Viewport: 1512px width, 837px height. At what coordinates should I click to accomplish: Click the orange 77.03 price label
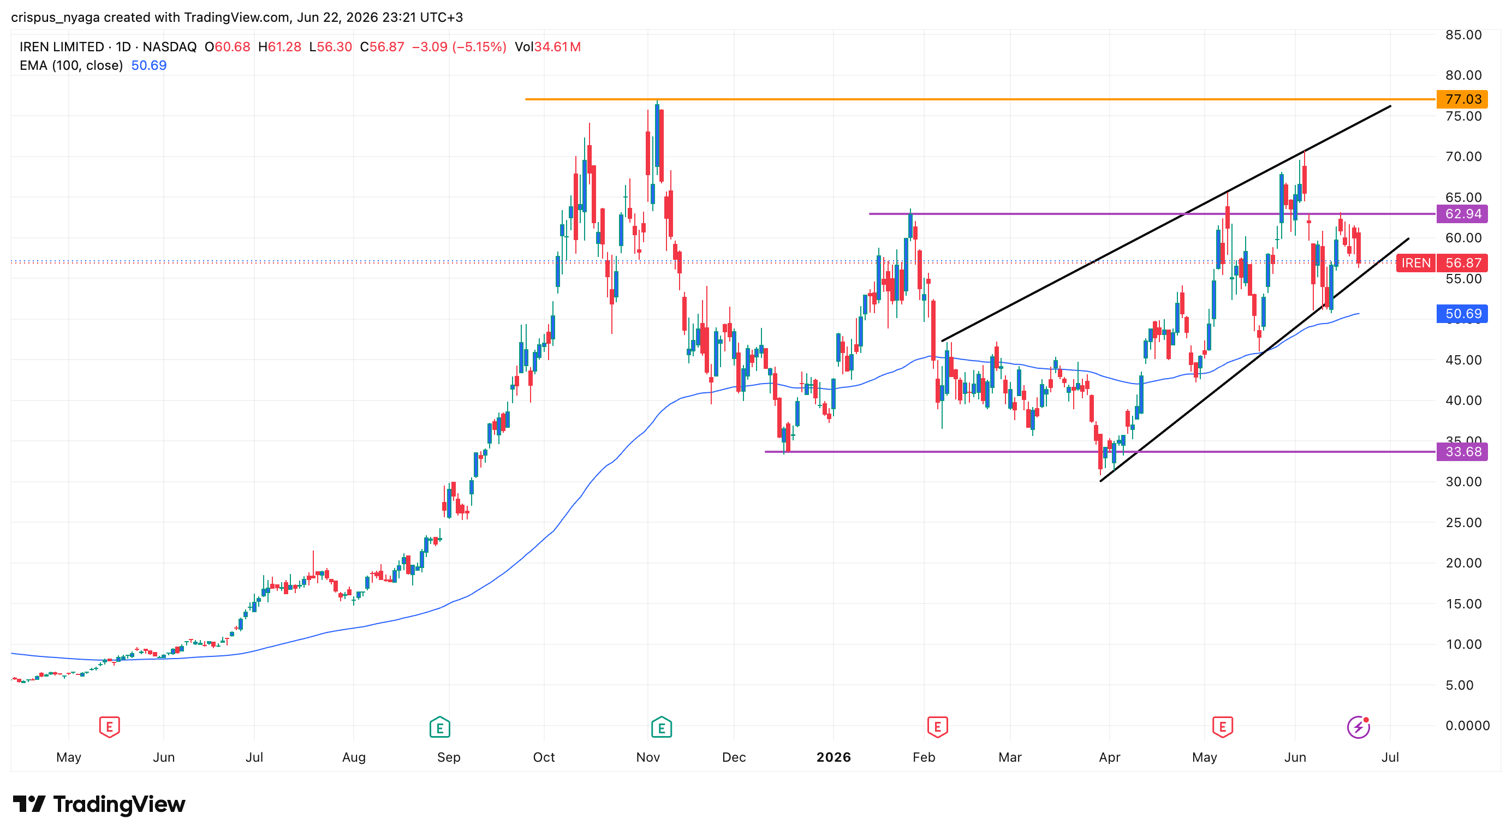tap(1462, 99)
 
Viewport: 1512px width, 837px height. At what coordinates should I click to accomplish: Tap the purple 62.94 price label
tap(1462, 213)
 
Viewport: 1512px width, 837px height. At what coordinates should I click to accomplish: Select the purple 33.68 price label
tap(1462, 452)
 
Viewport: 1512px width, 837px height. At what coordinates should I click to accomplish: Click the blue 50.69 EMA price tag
tap(1462, 314)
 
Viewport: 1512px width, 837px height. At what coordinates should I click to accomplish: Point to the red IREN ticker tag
tap(1416, 263)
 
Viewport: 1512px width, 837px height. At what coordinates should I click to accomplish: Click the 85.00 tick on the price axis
tap(1463, 34)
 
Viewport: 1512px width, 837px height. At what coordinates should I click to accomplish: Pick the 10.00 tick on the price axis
tap(1463, 644)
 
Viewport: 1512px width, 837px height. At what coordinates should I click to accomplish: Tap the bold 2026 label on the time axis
tap(834, 757)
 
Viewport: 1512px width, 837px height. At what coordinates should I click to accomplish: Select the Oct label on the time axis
tap(544, 757)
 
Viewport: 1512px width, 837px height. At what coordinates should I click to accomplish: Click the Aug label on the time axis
tap(353, 757)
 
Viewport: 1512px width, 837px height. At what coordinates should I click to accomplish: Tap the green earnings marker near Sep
tap(439, 727)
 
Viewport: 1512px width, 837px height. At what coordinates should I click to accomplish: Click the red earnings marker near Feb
tap(937, 727)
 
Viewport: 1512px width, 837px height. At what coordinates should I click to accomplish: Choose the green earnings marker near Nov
tap(662, 727)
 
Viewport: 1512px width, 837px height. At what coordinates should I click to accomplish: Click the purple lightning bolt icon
tap(1358, 727)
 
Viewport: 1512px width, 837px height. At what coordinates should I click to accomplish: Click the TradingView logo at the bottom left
tap(99, 804)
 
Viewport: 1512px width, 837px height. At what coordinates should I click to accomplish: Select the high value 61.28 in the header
tap(285, 47)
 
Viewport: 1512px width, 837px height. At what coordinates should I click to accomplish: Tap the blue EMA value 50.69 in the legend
tap(149, 65)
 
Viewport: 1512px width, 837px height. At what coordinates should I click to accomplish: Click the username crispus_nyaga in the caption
tap(56, 17)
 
